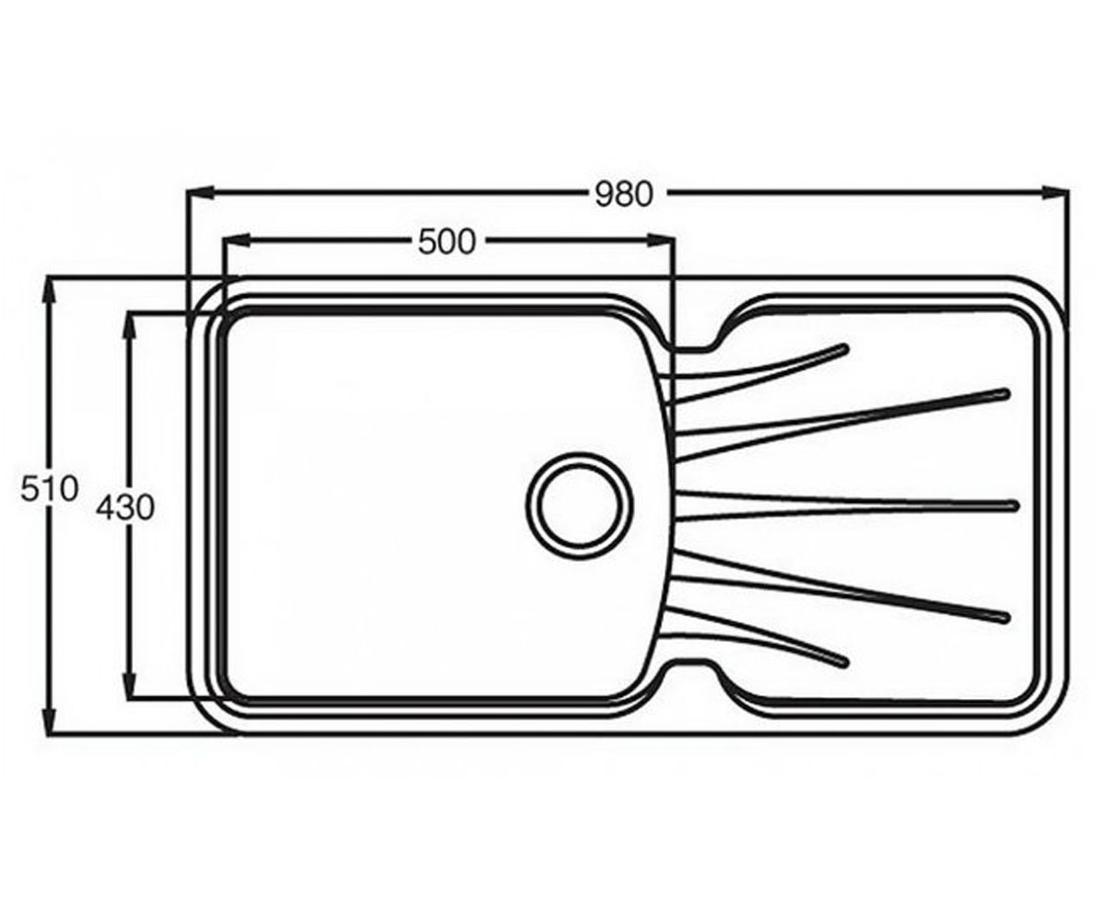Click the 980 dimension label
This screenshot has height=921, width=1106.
point(623,194)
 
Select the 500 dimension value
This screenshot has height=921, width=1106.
point(447,243)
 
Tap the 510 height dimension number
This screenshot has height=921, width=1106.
point(49,488)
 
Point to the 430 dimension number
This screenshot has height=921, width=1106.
point(125,508)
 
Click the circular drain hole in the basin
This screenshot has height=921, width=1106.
point(580,505)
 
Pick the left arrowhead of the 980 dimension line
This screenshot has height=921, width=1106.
point(200,193)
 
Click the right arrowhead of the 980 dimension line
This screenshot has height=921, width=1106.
point(1054,193)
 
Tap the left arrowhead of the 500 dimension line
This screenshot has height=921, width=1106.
point(236,240)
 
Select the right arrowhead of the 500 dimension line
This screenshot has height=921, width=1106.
point(662,240)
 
